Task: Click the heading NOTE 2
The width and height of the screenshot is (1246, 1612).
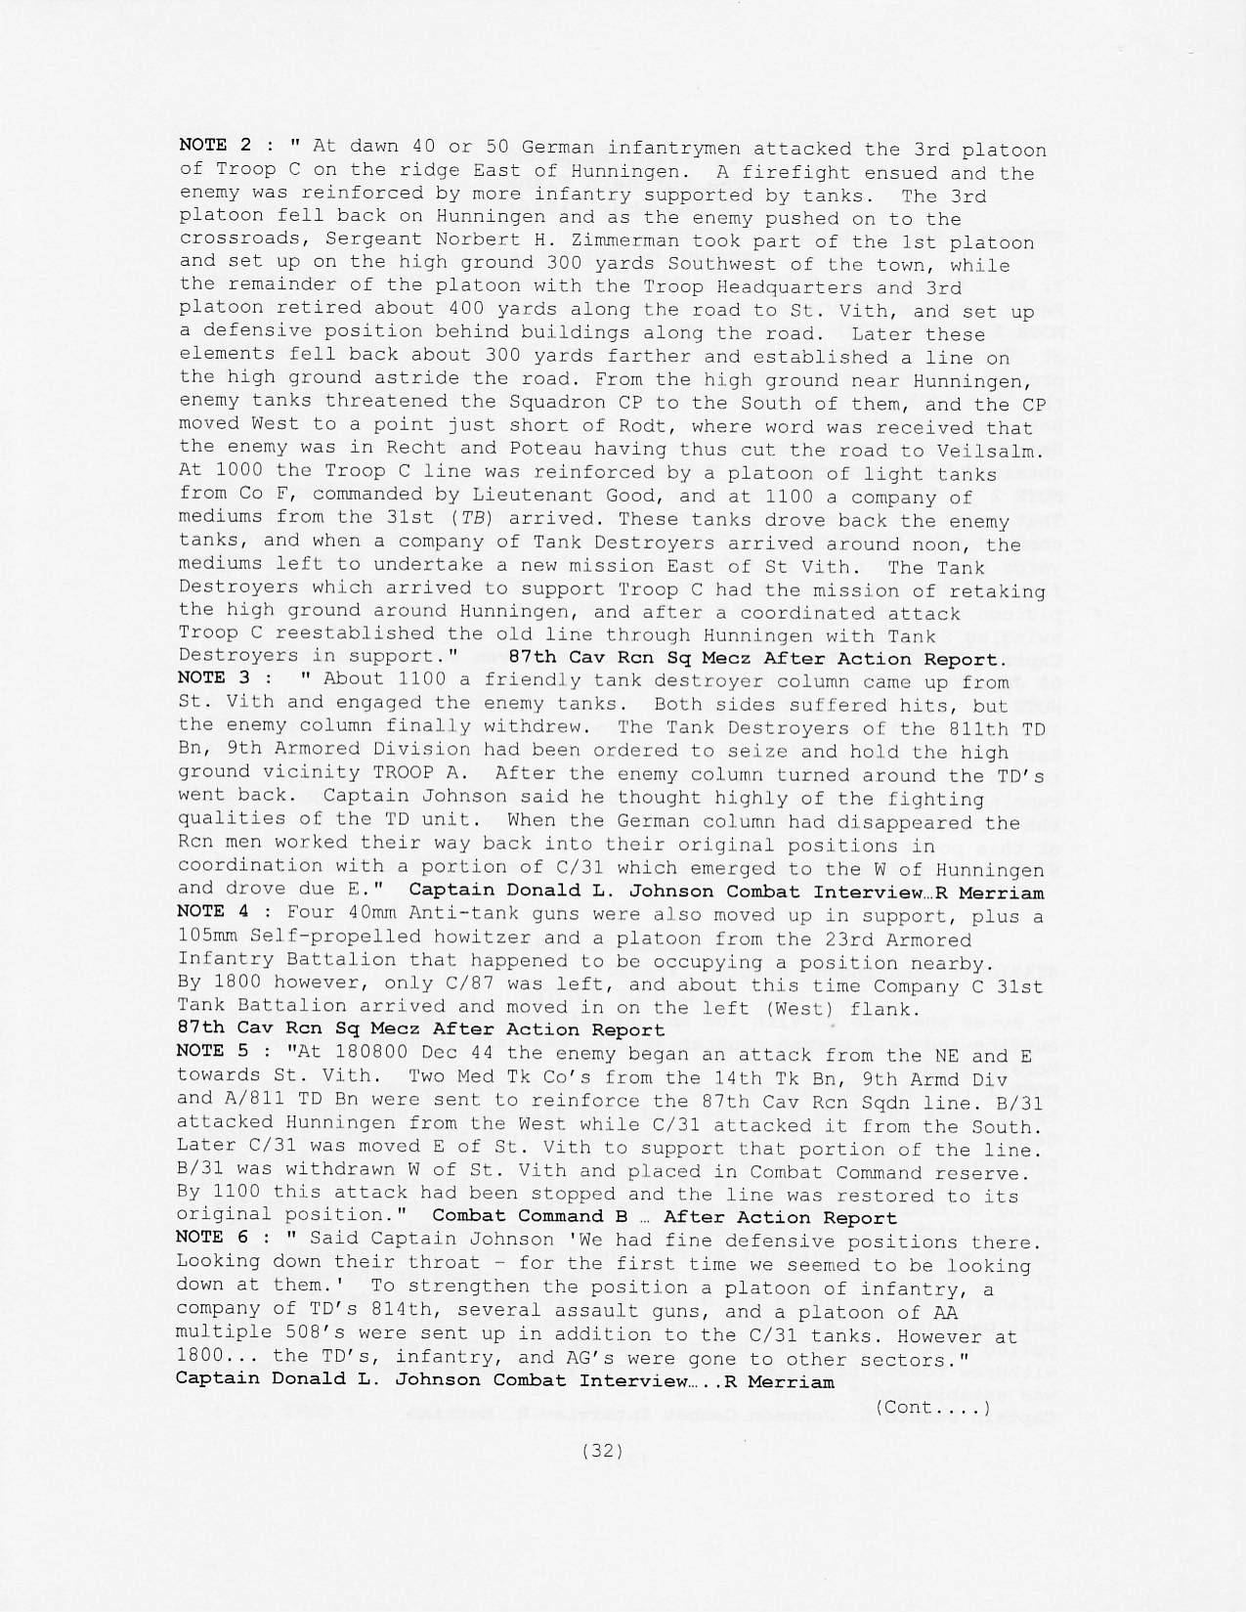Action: point(216,145)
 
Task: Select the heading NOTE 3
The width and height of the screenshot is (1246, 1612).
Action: point(216,678)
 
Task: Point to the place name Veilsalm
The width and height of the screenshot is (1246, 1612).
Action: point(991,450)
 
